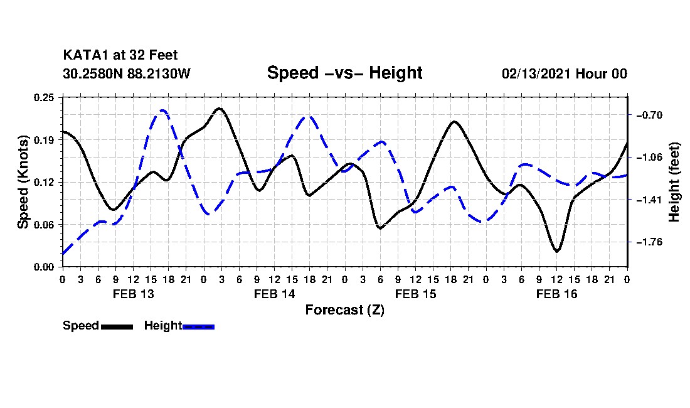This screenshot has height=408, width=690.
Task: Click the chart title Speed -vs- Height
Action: tap(344, 73)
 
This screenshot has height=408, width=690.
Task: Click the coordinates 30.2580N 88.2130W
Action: tap(127, 73)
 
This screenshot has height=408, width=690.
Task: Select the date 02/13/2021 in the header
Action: tap(536, 73)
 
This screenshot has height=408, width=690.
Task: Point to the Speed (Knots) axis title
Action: tap(23, 182)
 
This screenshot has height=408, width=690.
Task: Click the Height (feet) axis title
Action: tap(674, 182)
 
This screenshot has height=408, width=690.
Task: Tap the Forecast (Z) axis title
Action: tap(345, 310)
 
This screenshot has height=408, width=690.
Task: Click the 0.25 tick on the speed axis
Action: tap(44, 97)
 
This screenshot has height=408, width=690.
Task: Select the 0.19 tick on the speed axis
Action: tap(44, 140)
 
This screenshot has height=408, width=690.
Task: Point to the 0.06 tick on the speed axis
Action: tap(44, 225)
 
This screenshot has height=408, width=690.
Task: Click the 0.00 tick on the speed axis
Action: tap(44, 267)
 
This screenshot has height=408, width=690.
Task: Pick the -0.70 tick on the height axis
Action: tap(649, 115)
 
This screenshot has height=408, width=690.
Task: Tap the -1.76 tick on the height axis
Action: tap(649, 242)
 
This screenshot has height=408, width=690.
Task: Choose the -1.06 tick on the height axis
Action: tap(649, 157)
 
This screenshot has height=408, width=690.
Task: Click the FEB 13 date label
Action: tap(134, 294)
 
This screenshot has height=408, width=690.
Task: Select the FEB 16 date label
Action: tap(556, 294)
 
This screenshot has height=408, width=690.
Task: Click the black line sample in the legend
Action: tap(117, 326)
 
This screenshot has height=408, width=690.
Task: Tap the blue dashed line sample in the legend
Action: tap(198, 326)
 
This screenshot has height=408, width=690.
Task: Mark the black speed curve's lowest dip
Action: tap(556, 251)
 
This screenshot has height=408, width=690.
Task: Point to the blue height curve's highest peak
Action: tap(162, 110)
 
